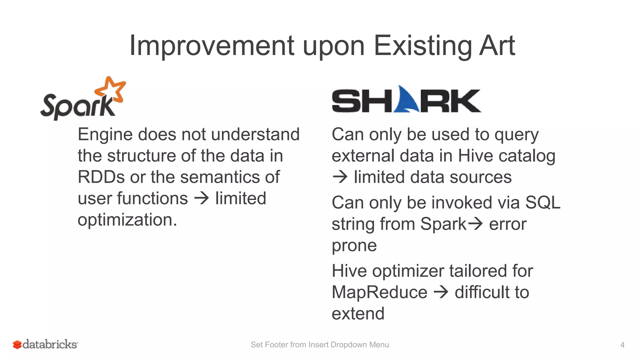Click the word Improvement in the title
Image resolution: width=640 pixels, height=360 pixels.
[212, 46]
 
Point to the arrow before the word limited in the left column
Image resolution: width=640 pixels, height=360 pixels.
[202, 198]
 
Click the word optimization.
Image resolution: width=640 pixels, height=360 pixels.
[127, 220]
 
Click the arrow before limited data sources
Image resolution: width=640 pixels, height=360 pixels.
[340, 177]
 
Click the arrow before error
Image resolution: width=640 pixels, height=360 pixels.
[475, 224]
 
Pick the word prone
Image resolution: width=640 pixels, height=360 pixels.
[354, 245]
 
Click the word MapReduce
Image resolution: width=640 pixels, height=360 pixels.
[379, 292]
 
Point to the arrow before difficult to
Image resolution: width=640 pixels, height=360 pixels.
[441, 292]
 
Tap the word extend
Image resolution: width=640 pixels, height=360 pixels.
[358, 314]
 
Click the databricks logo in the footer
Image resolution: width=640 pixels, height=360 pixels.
[46, 344]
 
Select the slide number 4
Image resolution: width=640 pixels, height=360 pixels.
[622, 345]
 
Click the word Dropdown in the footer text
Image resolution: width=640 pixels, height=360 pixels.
[348, 345]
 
